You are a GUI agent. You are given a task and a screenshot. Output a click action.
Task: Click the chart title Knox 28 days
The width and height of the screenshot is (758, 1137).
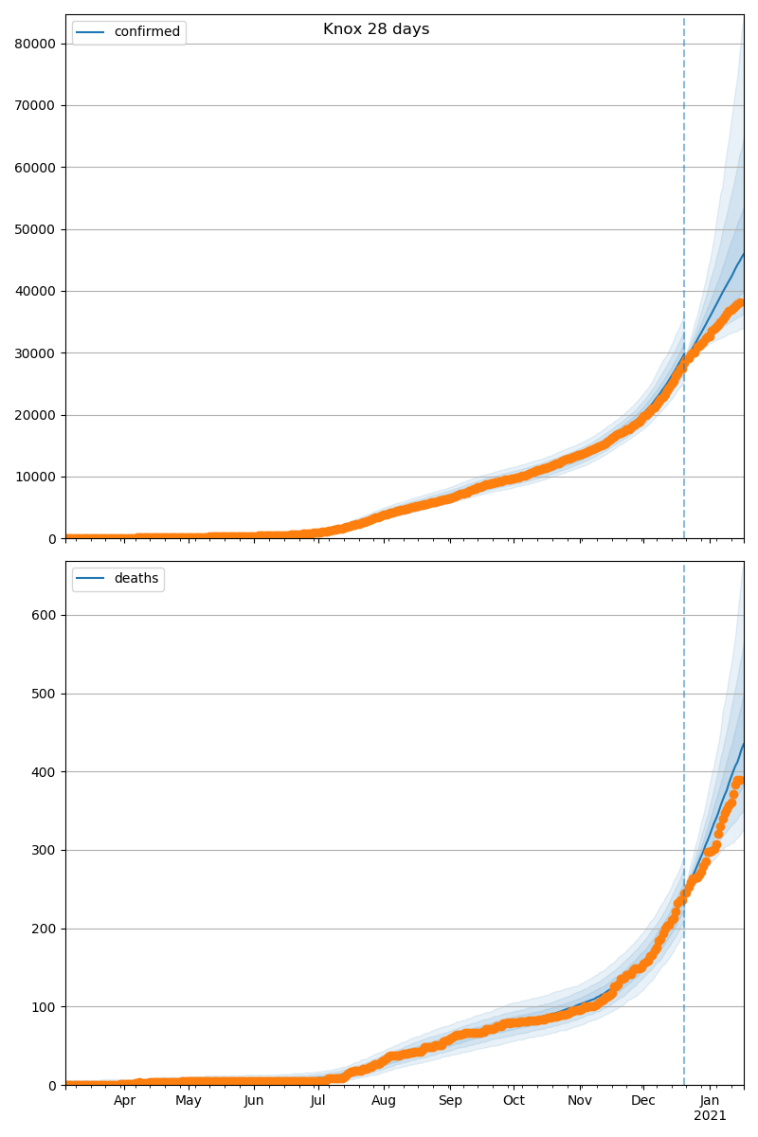coord(376,29)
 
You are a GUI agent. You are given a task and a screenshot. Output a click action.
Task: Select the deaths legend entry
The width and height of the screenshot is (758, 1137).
coord(136,579)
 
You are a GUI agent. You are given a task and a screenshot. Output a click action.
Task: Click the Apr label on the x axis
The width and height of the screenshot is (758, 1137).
coord(124,1101)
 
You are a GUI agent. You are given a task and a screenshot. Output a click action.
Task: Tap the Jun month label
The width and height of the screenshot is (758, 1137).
coord(253,1101)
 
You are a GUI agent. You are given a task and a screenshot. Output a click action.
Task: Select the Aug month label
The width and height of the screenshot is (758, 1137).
coord(384,1101)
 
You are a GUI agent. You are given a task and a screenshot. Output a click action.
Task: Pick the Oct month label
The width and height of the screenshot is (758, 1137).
coord(514,1101)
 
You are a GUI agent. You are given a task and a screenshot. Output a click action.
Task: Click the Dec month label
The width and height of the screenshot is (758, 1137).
coord(643,1101)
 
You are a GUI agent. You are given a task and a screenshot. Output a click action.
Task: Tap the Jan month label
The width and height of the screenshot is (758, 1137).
coord(710,1101)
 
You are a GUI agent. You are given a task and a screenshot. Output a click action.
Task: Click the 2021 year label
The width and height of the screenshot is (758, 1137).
coord(710,1116)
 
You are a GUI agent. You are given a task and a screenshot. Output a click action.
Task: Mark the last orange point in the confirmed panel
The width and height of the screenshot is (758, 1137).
coord(741,303)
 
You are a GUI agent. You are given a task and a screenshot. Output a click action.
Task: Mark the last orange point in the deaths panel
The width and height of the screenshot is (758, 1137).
coord(741,781)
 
